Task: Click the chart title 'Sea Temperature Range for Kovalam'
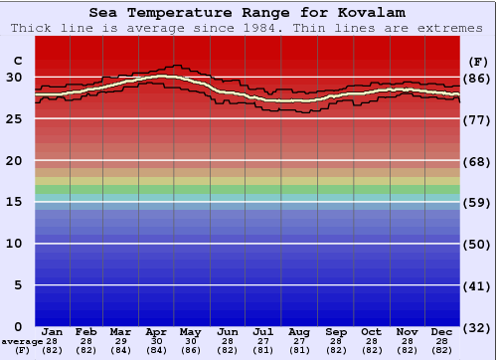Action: pyautogui.click(x=248, y=13)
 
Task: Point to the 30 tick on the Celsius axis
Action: pyautogui.click(x=14, y=77)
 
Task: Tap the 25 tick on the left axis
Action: pyautogui.click(x=14, y=118)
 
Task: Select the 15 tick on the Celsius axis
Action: pyautogui.click(x=14, y=202)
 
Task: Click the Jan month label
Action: pyautogui.click(x=53, y=331)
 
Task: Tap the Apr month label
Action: pyautogui.click(x=156, y=331)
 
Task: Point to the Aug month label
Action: pyautogui.click(x=298, y=331)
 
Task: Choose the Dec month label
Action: pyautogui.click(x=442, y=331)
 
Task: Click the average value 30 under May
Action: pyautogui.click(x=192, y=341)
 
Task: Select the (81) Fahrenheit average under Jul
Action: pyautogui.click(x=263, y=350)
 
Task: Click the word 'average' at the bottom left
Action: pyautogui.click(x=22, y=341)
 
